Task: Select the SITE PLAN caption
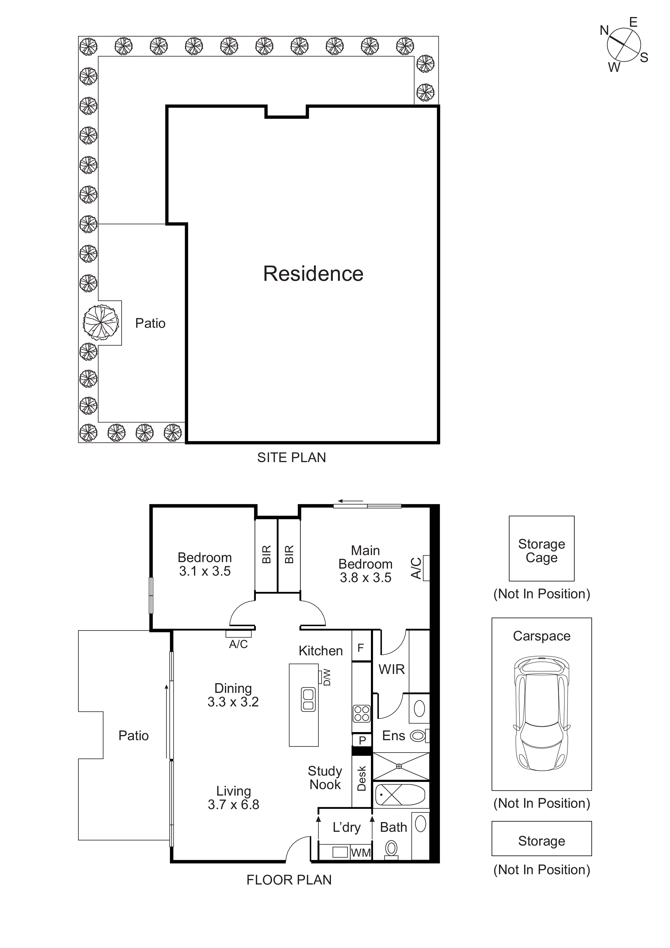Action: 292,458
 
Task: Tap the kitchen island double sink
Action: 308,699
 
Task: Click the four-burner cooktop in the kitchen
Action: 362,713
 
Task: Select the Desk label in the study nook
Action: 362,778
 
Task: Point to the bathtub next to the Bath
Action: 400,795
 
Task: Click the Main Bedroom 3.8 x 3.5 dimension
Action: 365,578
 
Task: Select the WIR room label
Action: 391,669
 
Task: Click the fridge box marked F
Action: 361,648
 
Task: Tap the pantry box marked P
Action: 362,740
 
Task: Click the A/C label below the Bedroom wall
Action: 238,644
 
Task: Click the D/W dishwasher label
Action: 327,677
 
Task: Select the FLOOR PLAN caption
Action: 289,880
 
